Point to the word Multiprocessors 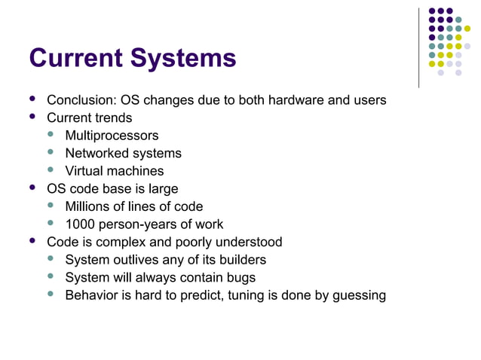[112, 136]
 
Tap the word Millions [87, 206]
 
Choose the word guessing [358, 295]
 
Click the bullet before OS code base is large [32, 188]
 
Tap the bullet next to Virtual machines [51, 171]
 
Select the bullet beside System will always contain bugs [51, 277]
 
